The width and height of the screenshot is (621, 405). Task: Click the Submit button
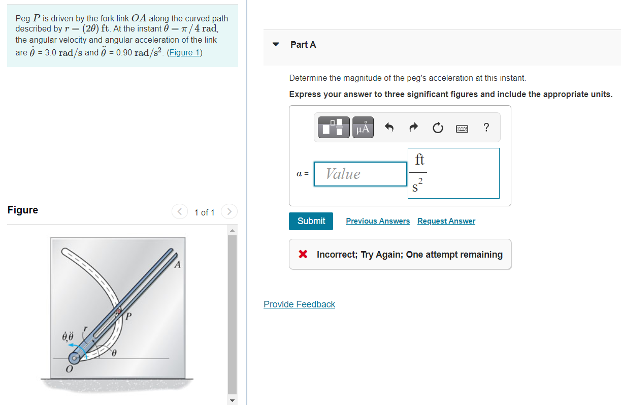point(311,221)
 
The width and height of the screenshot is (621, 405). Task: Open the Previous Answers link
point(378,221)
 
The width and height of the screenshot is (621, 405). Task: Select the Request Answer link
point(446,221)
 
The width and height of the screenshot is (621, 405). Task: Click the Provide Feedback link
point(299,304)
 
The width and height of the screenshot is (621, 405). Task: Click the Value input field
point(360,174)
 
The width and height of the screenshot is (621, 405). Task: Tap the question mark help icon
point(486,128)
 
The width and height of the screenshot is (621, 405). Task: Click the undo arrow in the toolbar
point(389,128)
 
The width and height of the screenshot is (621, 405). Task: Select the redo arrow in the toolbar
point(413,128)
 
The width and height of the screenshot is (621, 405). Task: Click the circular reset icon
point(438,128)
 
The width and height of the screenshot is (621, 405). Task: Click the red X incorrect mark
point(303,255)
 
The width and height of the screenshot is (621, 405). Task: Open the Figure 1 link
point(184,53)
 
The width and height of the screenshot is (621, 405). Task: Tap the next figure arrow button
point(230,211)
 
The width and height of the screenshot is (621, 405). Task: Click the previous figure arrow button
point(179,211)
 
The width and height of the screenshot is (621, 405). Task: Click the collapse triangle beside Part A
point(276,45)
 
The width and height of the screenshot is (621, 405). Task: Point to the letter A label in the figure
point(177,265)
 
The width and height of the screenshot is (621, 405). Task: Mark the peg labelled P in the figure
point(119,311)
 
